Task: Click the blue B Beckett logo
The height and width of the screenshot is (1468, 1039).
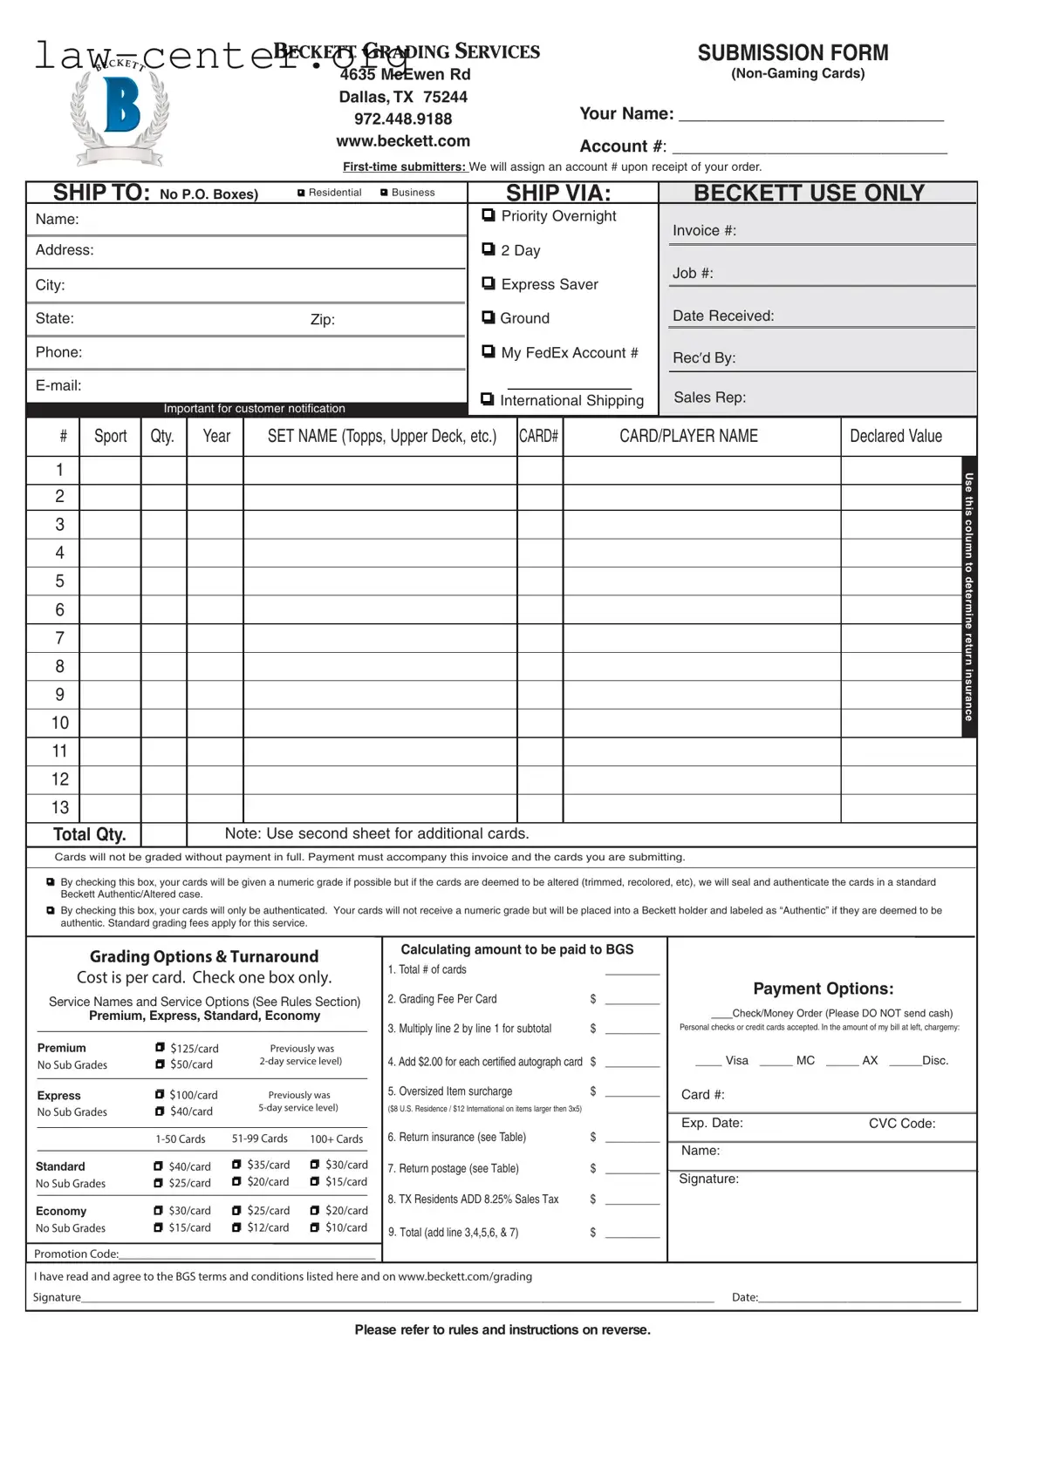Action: coord(121,106)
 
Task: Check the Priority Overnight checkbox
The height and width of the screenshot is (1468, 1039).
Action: coord(489,215)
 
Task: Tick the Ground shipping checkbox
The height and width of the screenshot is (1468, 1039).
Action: coord(489,317)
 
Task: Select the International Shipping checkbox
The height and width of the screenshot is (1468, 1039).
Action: coord(488,399)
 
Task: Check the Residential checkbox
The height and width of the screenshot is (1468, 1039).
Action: coord(301,193)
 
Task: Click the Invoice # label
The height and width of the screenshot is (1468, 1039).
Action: coord(704,231)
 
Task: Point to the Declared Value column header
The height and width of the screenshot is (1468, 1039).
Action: coord(896,436)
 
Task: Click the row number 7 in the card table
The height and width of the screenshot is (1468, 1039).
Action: coord(59,638)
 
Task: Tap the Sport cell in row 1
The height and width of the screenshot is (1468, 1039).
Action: coord(110,470)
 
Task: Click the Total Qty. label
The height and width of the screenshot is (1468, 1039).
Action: coord(89,834)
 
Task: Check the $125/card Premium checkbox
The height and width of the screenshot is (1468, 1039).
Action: coord(160,1048)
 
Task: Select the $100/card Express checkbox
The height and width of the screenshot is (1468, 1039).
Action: coord(160,1094)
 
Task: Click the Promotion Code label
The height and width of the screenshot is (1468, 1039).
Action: coord(76,1254)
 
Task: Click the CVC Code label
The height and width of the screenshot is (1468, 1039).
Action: coord(901,1124)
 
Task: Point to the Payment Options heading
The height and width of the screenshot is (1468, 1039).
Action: coord(823,989)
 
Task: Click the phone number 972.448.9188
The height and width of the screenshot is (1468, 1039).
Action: coord(403,119)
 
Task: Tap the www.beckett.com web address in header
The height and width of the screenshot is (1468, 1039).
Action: coord(403,141)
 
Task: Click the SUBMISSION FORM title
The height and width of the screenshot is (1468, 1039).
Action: coord(792,53)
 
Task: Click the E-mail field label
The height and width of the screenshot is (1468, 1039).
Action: coord(58,385)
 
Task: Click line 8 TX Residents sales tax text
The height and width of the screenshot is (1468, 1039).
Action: coord(473,1200)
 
